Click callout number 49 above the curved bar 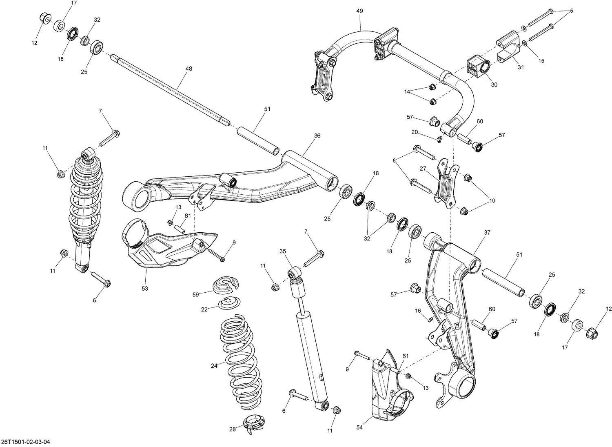coord(359,11)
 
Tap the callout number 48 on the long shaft coord(188,69)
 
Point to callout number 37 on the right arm coord(487,232)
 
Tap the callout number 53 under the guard coord(145,288)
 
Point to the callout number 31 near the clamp coord(521,67)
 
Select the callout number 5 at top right coord(571,11)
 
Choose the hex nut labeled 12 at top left coord(45,18)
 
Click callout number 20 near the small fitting coord(415,132)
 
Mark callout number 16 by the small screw coord(418,311)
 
